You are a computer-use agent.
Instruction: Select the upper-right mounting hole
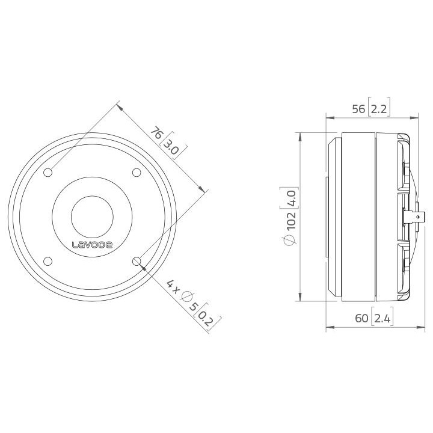click(136, 173)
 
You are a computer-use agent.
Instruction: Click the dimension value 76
click(156, 133)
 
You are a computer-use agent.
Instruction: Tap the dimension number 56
click(358, 109)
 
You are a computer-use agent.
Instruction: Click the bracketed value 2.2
click(378, 109)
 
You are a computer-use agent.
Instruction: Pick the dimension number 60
click(361, 319)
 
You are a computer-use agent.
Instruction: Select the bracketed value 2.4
click(382, 319)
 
